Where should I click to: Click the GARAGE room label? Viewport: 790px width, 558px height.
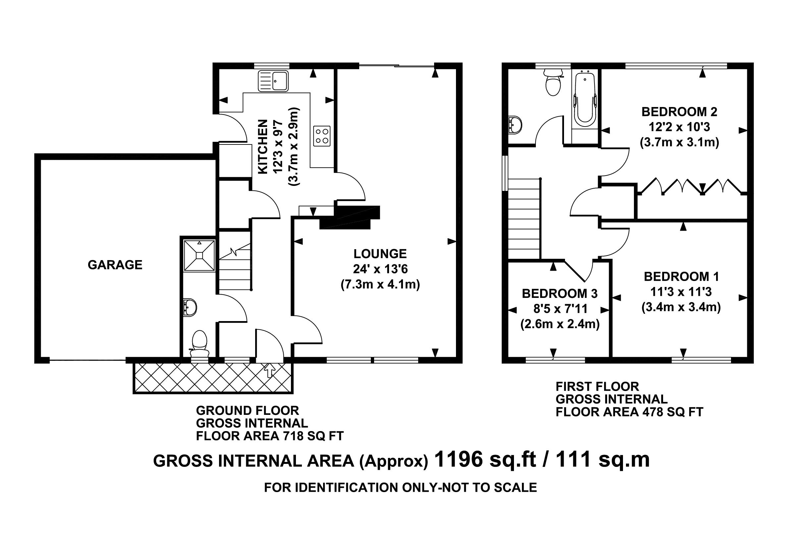pos(115,265)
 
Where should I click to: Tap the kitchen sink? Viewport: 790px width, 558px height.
pos(273,81)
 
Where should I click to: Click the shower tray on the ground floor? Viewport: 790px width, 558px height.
pos(199,255)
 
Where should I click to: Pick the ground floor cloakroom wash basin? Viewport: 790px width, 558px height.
pos(190,307)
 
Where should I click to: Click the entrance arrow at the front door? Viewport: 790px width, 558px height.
pos(269,370)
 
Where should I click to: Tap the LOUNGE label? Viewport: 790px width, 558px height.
pos(380,254)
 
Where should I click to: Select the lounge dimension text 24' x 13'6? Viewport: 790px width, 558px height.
pos(380,269)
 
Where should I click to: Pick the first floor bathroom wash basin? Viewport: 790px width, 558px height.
pos(515,124)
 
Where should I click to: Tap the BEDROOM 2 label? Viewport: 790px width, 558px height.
pos(679,112)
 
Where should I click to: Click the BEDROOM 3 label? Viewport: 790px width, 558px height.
pos(560,294)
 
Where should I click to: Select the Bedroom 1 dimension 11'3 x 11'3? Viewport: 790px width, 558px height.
pos(681,292)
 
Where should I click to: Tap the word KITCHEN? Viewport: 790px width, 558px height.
pos(262,147)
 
